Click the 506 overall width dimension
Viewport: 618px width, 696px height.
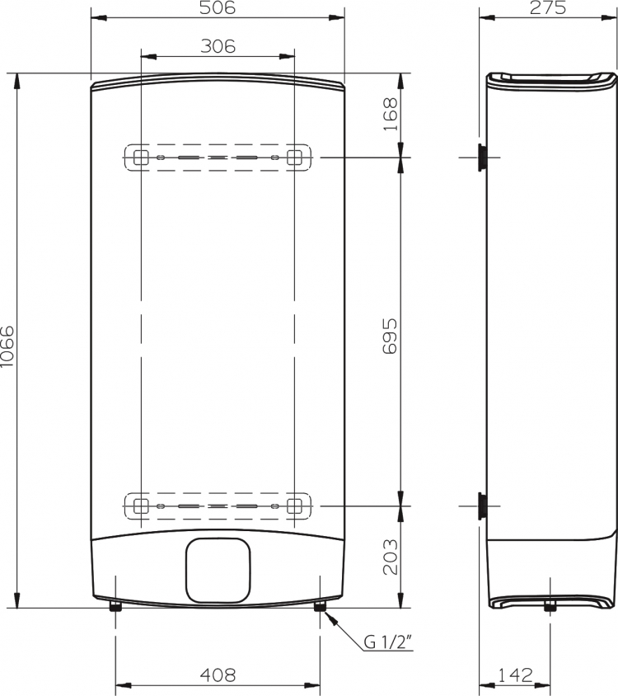point(218,8)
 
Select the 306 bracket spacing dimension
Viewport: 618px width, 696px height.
point(218,46)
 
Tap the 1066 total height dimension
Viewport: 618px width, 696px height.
point(7,346)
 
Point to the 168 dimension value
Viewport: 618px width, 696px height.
point(390,115)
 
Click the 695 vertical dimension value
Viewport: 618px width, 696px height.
point(390,336)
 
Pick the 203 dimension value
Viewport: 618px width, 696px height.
point(390,557)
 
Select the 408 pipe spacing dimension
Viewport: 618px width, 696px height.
point(218,675)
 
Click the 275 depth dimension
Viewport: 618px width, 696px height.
point(548,8)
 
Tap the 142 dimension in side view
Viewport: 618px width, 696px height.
point(515,675)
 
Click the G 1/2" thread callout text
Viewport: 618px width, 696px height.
point(389,642)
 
